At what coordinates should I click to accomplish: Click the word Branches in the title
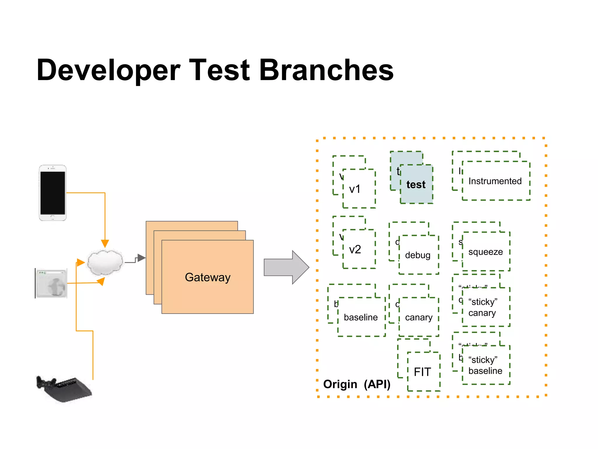326,70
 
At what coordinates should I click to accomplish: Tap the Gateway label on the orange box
208,277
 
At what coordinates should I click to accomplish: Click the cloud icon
105,262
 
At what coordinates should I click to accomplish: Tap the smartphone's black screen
53,193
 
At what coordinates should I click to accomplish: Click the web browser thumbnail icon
51,283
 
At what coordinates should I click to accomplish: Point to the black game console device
64,389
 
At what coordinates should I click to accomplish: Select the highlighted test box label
416,184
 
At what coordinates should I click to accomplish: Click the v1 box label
355,189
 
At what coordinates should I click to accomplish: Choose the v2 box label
355,249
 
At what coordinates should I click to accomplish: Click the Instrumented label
495,181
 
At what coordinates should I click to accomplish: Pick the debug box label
418,255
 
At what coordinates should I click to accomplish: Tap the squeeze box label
485,252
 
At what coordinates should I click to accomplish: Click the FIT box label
422,372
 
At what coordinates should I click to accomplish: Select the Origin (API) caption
357,384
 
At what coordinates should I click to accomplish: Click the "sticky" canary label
483,307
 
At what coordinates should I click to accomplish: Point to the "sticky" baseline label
485,365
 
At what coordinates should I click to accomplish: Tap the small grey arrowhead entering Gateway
142,258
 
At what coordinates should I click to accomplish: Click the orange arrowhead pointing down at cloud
105,244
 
